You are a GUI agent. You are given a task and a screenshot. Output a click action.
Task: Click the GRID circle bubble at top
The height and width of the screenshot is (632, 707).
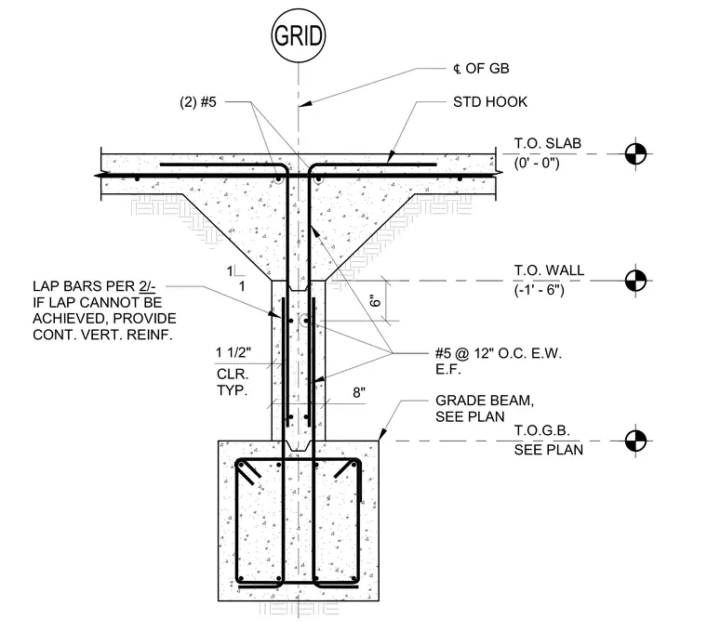pyautogui.click(x=298, y=35)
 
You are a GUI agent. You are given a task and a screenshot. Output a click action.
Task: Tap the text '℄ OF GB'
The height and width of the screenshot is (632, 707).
pyautogui.click(x=481, y=69)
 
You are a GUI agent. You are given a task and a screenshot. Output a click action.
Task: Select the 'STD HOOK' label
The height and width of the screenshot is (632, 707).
pyautogui.click(x=490, y=102)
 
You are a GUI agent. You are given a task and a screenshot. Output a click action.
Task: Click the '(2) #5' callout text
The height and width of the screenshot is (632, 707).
pyautogui.click(x=198, y=102)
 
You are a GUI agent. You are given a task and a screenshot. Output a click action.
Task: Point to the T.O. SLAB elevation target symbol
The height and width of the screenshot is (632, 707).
pyautogui.click(x=635, y=153)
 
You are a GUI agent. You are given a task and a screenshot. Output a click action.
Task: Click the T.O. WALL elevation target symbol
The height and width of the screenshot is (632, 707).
pyautogui.click(x=635, y=281)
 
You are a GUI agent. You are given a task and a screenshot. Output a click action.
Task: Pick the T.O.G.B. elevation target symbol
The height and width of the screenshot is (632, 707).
pyautogui.click(x=635, y=441)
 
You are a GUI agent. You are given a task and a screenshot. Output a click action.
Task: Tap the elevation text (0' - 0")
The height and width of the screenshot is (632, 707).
pyautogui.click(x=537, y=162)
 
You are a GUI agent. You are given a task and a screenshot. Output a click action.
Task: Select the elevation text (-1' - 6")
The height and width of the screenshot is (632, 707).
pyautogui.click(x=539, y=289)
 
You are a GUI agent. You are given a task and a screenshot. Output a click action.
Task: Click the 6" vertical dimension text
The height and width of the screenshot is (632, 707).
pyautogui.click(x=375, y=300)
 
